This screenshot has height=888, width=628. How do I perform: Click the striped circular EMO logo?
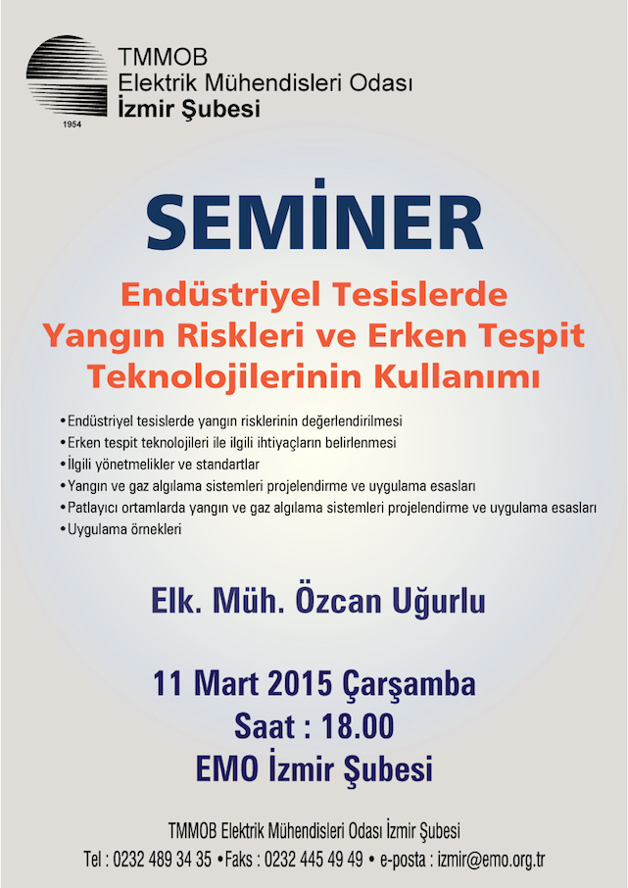pyautogui.click(x=67, y=76)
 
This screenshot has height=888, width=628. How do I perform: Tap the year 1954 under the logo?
pyautogui.click(x=72, y=124)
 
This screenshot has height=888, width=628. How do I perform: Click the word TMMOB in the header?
pyautogui.click(x=163, y=57)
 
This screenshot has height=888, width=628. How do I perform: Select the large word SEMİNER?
pyautogui.click(x=314, y=218)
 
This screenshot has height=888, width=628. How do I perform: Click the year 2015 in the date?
pyautogui.click(x=300, y=684)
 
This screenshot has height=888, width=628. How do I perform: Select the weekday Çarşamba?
pyautogui.click(x=409, y=685)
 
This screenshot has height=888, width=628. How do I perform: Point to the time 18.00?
pyautogui.click(x=358, y=726)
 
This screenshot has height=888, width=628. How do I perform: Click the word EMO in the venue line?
pyautogui.click(x=227, y=769)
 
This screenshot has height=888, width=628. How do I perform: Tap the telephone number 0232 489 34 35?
pyautogui.click(x=162, y=860)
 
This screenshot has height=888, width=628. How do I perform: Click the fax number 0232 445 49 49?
pyautogui.click(x=314, y=860)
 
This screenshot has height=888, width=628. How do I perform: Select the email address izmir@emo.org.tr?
pyautogui.click(x=491, y=860)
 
